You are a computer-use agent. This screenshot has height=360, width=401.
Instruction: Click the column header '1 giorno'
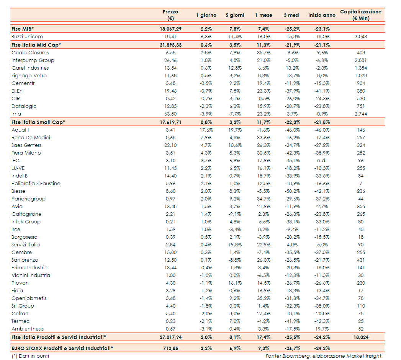[x=206, y=15]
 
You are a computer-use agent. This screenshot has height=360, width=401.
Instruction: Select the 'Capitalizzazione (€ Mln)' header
[x=360, y=15]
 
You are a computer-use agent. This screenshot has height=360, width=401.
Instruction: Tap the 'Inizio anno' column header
[x=322, y=15]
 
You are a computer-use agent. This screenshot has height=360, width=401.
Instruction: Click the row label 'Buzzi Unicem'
[x=27, y=37]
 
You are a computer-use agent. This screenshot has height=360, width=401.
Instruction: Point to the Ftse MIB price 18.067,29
[x=171, y=29]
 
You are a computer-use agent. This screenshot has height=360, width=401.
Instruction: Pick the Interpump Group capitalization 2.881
[x=361, y=60]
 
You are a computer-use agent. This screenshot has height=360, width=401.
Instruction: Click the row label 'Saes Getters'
[x=26, y=145]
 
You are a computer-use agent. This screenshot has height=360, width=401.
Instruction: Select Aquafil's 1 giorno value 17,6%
[x=206, y=130]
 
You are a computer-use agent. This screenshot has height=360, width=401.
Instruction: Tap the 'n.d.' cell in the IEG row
[x=322, y=161]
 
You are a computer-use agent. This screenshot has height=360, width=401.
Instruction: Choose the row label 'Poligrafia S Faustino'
[x=36, y=184]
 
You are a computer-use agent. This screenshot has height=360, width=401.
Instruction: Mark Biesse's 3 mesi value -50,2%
[x=292, y=191]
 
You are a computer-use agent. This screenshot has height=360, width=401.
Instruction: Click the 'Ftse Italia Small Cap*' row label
[x=38, y=122]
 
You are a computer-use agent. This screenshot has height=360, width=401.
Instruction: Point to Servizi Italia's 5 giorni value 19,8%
[x=234, y=245]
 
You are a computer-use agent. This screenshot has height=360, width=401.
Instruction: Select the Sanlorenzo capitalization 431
[x=361, y=260]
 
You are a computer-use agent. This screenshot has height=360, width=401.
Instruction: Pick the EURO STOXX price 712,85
[x=171, y=348]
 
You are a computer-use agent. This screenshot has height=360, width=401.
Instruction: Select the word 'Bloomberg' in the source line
[x=293, y=356]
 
